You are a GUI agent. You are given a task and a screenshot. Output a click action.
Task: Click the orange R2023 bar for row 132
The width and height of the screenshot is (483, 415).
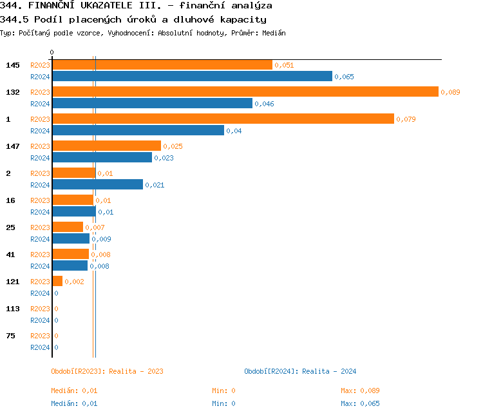pos(245,92)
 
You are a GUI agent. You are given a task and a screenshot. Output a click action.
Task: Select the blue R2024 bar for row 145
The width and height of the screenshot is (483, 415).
pos(192,77)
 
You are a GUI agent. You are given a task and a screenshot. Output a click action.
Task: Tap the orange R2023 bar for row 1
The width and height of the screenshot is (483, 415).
pos(223,119)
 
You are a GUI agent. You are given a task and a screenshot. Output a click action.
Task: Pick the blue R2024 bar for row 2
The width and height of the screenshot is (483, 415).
pos(97,185)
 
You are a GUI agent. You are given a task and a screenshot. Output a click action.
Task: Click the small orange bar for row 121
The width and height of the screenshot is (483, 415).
pos(57,282)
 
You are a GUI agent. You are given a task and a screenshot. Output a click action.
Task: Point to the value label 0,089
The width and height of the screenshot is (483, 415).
pos(450,92)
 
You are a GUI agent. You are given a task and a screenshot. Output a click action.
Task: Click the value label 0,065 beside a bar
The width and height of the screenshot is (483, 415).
pos(344,77)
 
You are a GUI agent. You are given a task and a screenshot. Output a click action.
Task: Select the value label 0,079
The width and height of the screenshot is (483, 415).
pos(406,119)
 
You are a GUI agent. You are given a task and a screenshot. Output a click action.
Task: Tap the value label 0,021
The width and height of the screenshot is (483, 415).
pos(155,185)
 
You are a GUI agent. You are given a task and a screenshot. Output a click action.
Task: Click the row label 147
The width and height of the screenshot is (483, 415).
pos(13,146)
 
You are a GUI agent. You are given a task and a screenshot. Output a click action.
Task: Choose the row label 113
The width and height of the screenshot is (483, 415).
pos(13,309)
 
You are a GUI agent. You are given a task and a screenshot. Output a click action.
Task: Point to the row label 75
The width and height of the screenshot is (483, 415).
pos(10,336)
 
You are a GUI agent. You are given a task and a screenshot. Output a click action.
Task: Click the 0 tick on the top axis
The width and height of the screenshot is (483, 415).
pos(52,52)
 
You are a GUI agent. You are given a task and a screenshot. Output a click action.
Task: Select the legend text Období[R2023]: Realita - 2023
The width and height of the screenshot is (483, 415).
pos(107,371)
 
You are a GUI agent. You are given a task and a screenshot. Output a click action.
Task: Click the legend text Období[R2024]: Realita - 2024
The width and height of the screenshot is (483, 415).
pos(300,371)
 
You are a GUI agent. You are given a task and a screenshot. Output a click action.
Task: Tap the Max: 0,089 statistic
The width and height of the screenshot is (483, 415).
pos(360,391)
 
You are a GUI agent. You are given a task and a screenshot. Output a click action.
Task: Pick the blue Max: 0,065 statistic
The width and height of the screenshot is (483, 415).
pos(360,403)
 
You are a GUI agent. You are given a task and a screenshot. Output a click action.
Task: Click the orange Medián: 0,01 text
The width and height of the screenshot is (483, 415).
pos(74,391)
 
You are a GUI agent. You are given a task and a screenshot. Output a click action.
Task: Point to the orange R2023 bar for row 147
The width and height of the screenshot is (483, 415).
pos(106,146)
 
